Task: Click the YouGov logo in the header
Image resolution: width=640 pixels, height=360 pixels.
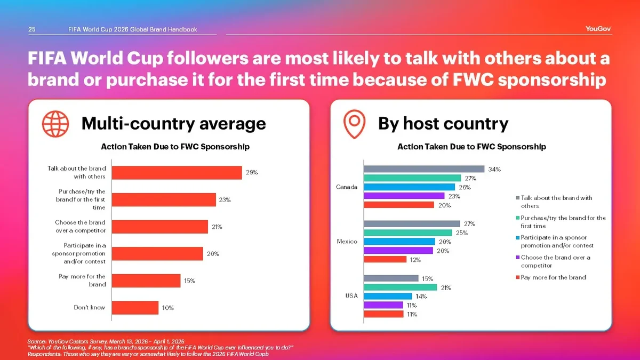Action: tap(598, 29)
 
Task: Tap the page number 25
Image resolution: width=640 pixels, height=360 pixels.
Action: tap(32, 29)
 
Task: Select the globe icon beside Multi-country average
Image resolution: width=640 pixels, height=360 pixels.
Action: tap(55, 124)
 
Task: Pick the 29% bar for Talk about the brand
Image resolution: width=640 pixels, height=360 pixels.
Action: tap(177, 172)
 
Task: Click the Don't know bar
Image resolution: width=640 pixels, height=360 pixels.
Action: tap(135, 308)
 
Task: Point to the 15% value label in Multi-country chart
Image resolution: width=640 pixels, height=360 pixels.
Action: tap(189, 281)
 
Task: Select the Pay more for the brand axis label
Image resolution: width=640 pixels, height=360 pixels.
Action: tap(82, 281)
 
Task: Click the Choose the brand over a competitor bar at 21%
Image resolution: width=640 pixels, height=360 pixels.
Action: tap(160, 227)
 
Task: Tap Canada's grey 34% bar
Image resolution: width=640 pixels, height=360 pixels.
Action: tap(424, 169)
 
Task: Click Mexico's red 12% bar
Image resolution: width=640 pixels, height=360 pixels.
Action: tap(385, 260)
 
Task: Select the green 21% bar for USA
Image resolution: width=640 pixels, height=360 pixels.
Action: tap(400, 287)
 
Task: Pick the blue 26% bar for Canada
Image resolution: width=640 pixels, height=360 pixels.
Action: tap(409, 187)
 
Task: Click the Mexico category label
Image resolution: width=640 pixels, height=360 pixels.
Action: tap(347, 242)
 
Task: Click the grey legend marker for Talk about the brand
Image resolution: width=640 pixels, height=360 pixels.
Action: tap(517, 198)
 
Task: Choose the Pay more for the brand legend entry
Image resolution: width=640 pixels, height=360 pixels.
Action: tap(553, 277)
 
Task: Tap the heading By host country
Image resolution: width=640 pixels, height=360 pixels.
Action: tap(443, 124)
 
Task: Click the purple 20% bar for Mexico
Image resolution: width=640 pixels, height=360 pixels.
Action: tap(398, 251)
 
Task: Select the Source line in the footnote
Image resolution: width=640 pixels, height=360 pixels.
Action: tap(106, 341)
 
